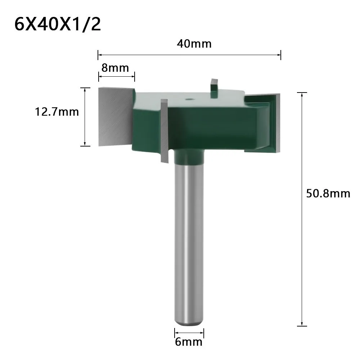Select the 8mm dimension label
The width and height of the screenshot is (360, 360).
(x=115, y=67)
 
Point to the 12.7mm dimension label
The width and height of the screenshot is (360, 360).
(x=57, y=112)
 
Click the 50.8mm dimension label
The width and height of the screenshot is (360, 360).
(x=328, y=194)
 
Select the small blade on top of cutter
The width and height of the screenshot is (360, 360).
(x=214, y=86)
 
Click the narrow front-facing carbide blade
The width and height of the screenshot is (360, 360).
(x=165, y=131)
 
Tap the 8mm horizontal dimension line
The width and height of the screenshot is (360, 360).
(x=116, y=75)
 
